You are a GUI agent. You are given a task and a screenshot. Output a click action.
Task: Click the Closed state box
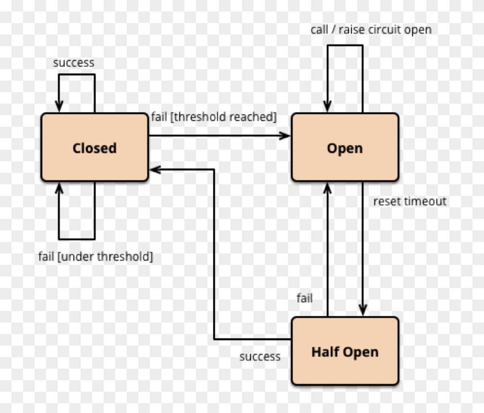coord(94,148)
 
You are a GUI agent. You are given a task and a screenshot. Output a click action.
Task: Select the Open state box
coord(345,148)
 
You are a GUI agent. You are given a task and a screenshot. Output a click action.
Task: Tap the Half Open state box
coord(345,351)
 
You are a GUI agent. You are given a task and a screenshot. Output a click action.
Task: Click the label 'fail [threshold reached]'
coord(214,117)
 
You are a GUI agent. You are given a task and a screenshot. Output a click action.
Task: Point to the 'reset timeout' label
coord(410,201)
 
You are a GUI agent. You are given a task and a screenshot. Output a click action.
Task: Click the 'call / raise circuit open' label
coord(370,29)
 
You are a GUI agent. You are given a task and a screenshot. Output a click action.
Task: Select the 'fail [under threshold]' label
coord(96,256)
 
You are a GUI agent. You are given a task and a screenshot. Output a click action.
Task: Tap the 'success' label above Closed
coord(73,62)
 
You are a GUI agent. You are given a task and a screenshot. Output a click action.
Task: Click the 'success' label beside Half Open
coord(260,357)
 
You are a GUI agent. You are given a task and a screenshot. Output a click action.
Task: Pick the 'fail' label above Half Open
coord(304,298)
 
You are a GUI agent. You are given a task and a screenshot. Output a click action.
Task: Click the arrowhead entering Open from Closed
coord(285,136)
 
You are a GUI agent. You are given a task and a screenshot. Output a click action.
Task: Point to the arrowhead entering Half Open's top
coord(363,311)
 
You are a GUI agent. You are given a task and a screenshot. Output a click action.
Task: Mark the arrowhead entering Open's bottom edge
coord(327,187)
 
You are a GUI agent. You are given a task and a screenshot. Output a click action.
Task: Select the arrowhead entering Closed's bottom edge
coord(59,187)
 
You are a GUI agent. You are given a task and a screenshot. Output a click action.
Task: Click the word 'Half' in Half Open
coord(324,351)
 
